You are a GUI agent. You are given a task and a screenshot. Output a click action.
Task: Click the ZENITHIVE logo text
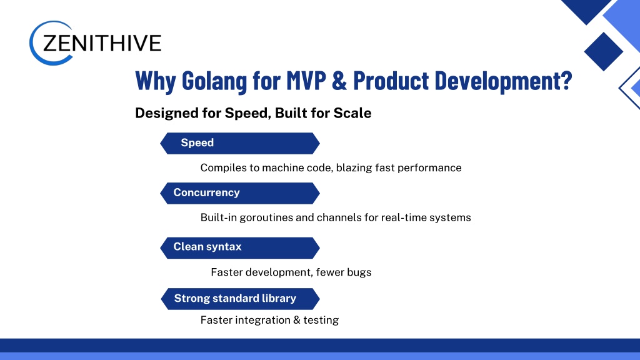pyautogui.click(x=102, y=43)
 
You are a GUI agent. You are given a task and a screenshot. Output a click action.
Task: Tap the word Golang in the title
pyautogui.click(x=214, y=81)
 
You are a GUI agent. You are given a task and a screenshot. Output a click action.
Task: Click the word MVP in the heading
pyautogui.click(x=306, y=80)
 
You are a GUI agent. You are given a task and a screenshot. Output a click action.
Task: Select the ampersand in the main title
pyautogui.click(x=339, y=80)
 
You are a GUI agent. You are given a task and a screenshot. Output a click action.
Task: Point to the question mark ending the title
pyautogui.click(x=567, y=80)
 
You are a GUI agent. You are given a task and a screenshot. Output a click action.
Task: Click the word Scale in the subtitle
pyautogui.click(x=352, y=113)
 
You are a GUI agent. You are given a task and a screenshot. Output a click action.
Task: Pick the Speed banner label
pyautogui.click(x=197, y=142)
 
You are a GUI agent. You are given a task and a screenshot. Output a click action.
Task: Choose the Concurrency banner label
pyautogui.click(x=206, y=192)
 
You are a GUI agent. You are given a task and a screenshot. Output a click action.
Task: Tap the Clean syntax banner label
pyautogui.click(x=207, y=246)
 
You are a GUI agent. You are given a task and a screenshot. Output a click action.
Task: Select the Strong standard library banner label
pyautogui.click(x=235, y=298)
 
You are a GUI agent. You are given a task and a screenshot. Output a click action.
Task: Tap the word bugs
pyautogui.click(x=359, y=272)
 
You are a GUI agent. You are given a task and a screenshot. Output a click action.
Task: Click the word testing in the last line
pyautogui.click(x=321, y=320)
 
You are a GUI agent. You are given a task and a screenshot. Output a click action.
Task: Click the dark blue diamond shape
pyautogui.click(x=603, y=51)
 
